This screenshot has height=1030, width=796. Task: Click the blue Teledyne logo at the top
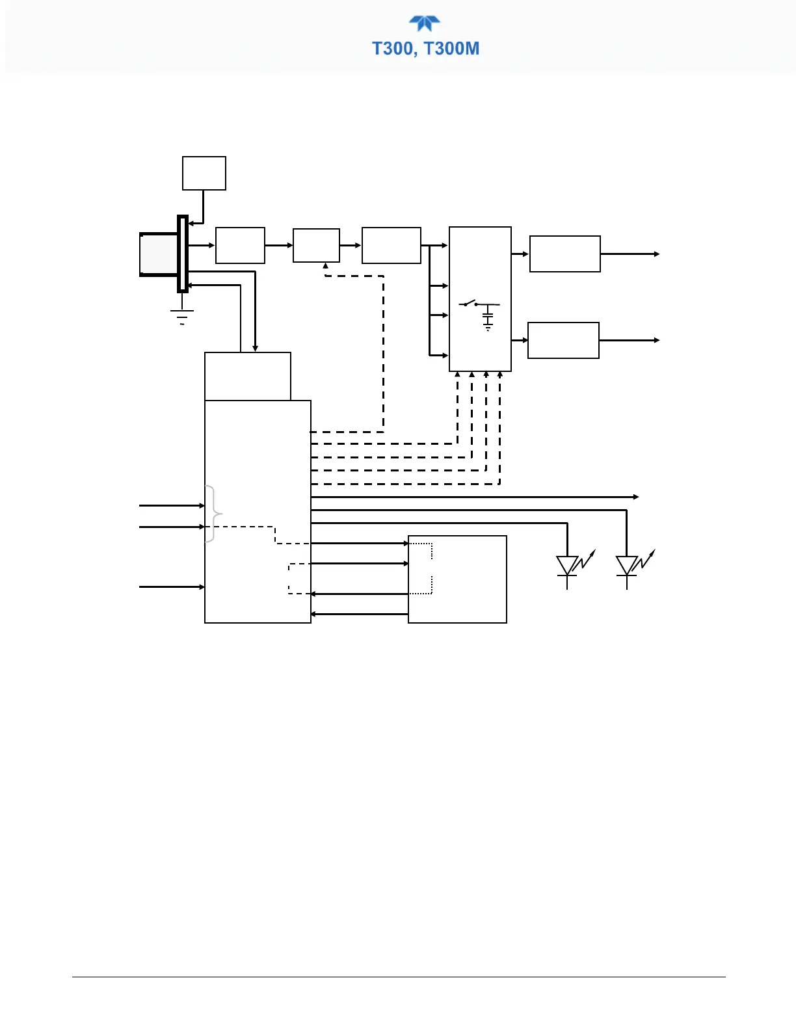pyautogui.click(x=425, y=23)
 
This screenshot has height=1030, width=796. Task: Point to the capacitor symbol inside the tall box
pyautogui.click(x=488, y=318)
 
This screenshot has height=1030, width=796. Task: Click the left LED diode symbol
pyautogui.click(x=568, y=566)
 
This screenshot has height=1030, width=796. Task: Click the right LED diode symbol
pyautogui.click(x=627, y=566)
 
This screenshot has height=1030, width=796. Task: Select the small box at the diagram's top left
pyautogui.click(x=204, y=173)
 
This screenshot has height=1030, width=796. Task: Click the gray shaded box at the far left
pyautogui.click(x=159, y=254)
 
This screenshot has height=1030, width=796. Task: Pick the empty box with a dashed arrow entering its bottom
pyautogui.click(x=316, y=245)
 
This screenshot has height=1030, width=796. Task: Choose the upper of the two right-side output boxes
pyautogui.click(x=564, y=254)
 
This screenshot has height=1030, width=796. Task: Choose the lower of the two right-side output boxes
pyautogui.click(x=563, y=340)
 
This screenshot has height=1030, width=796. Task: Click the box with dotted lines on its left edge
pyautogui.click(x=457, y=579)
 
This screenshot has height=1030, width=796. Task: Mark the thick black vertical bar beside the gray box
pyautogui.click(x=183, y=254)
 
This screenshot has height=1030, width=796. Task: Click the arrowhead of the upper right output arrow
pyautogui.click(x=657, y=254)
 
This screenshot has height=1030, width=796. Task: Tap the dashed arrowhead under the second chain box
pyautogui.click(x=325, y=265)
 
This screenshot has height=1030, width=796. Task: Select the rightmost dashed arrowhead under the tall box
pyautogui.click(x=499, y=375)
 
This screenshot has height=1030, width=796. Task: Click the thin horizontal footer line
pyautogui.click(x=398, y=977)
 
